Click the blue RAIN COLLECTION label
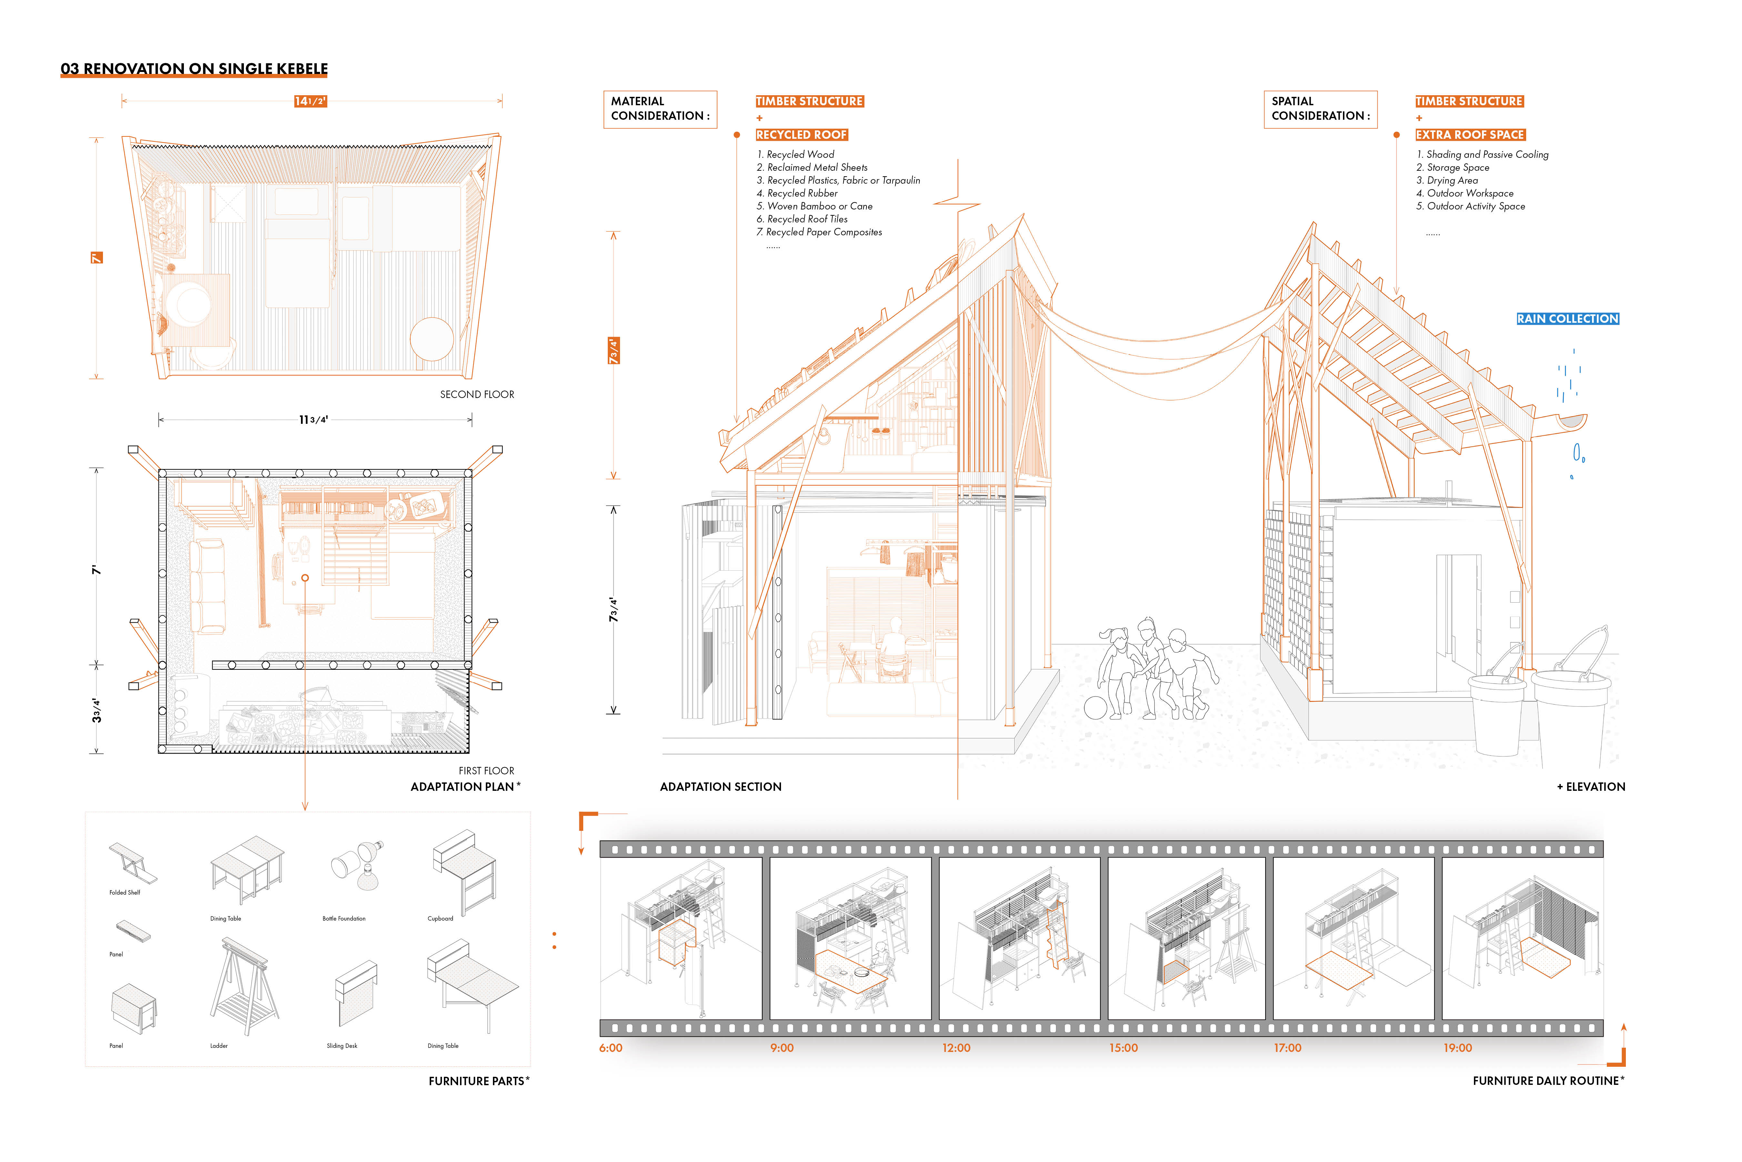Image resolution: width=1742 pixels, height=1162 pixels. (1567, 319)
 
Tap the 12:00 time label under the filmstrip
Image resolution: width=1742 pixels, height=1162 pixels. (956, 1048)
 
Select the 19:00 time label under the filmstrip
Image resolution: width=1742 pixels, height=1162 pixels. (1457, 1048)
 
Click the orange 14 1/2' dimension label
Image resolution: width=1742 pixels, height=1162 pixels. (310, 102)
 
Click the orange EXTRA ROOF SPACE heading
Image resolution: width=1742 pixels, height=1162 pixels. (1470, 135)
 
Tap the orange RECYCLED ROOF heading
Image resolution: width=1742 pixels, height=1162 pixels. (801, 135)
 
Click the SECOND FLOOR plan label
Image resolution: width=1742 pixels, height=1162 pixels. (477, 394)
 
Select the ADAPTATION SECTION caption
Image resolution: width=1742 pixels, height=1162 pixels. (721, 787)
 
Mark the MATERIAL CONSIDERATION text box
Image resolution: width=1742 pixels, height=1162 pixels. (659, 109)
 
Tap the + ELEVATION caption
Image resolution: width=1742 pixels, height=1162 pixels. (1591, 787)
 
